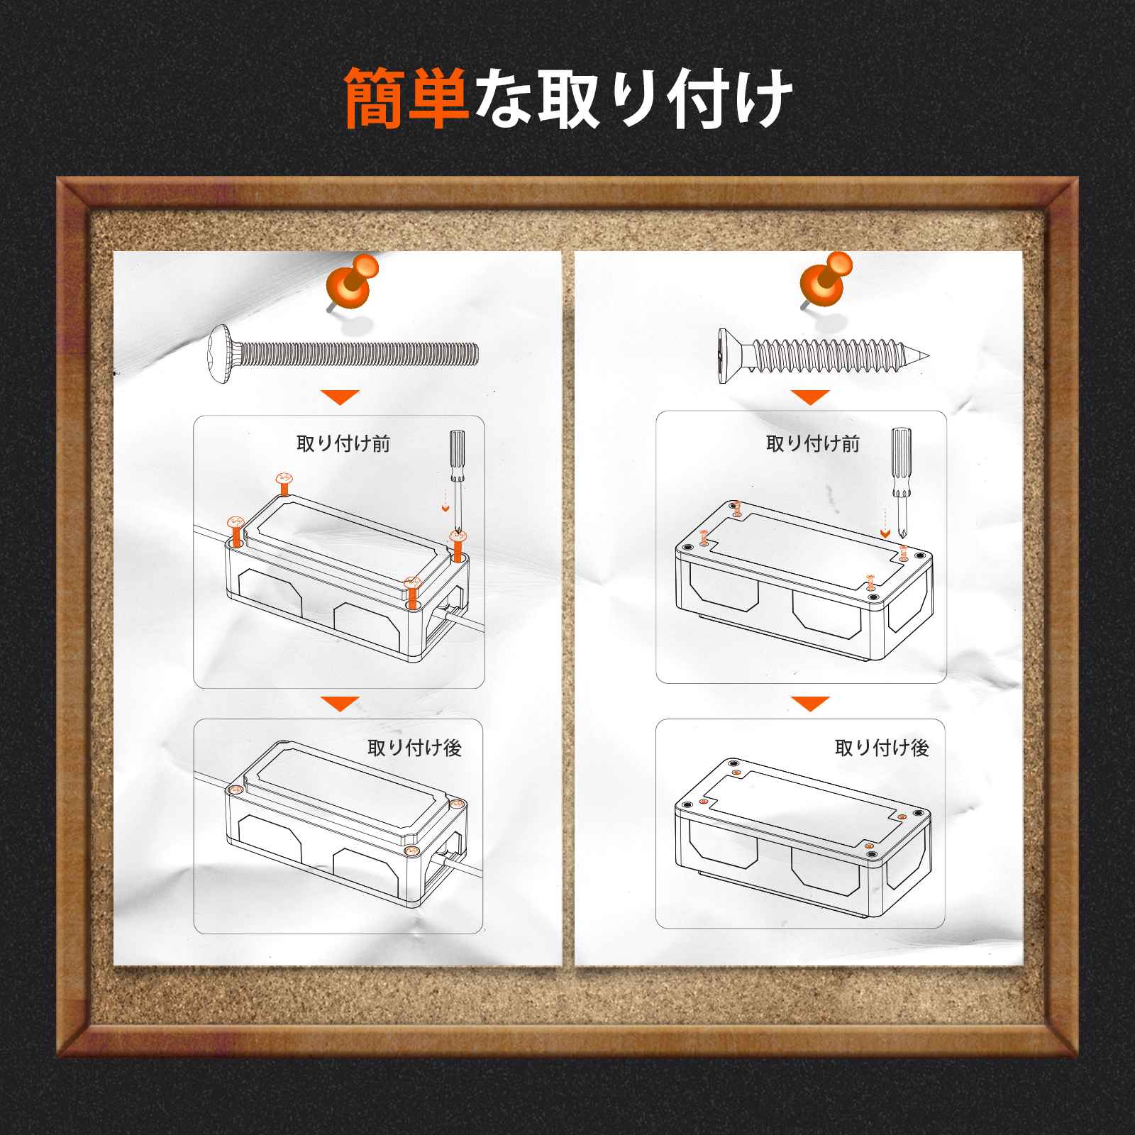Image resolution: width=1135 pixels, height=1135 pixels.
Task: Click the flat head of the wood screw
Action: (x=726, y=356)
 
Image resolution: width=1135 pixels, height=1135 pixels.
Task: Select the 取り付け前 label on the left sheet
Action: (x=343, y=444)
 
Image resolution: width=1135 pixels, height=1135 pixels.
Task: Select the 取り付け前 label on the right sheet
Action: (x=813, y=444)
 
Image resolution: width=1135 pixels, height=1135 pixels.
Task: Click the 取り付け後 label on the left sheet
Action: (x=414, y=748)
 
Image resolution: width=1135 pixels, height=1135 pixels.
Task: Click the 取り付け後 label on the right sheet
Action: (x=882, y=748)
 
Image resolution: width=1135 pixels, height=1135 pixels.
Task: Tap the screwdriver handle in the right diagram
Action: (x=900, y=461)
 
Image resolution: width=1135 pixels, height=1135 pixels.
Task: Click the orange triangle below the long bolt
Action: (x=340, y=397)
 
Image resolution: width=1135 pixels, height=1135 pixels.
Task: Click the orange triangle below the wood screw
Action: (x=810, y=397)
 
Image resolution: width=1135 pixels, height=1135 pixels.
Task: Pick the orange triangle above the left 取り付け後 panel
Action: (x=340, y=704)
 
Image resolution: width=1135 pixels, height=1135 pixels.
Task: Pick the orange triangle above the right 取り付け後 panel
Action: (x=810, y=704)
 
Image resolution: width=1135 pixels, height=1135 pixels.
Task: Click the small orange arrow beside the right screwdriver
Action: (x=884, y=533)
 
